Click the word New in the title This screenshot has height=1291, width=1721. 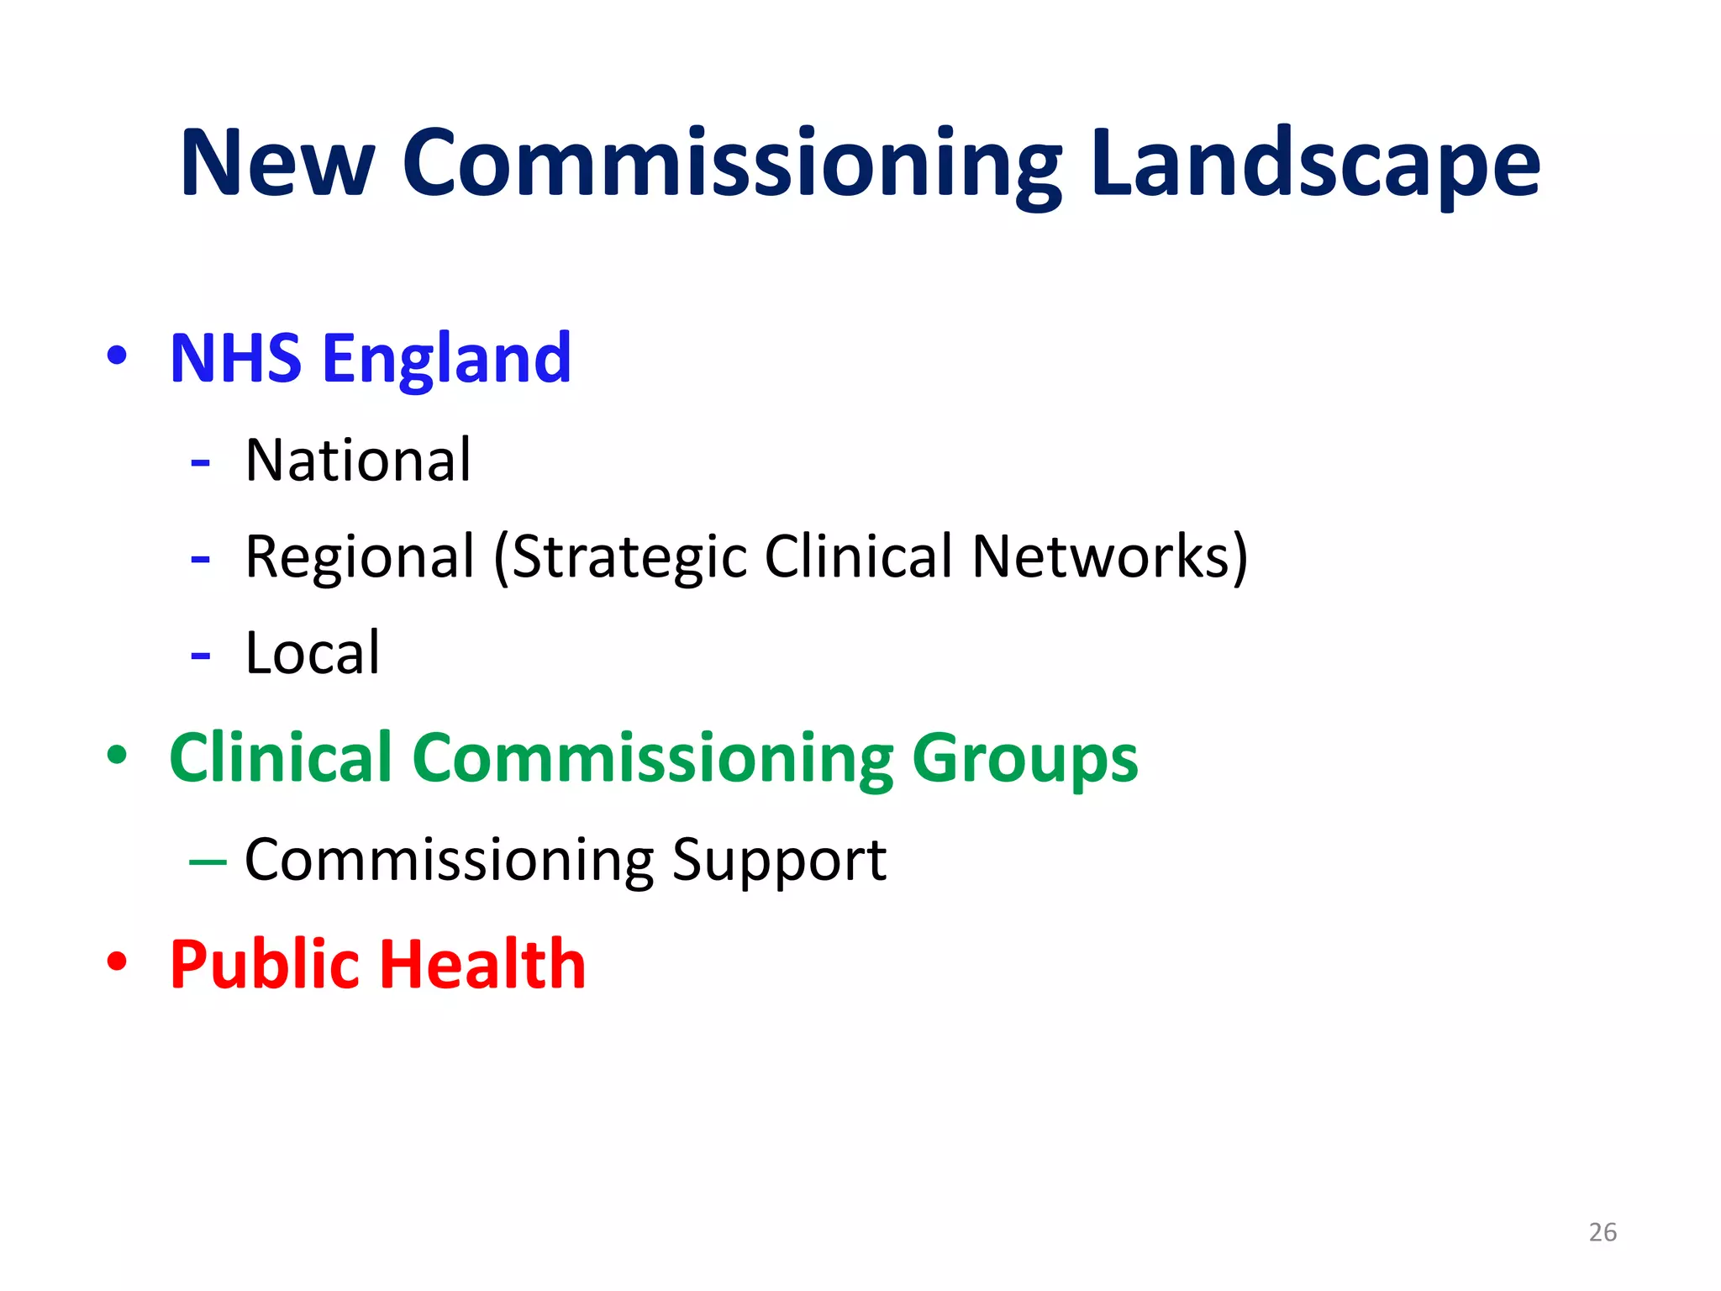[x=277, y=163]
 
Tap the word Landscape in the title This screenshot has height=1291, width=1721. [x=1316, y=163]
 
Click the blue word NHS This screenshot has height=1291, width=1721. [x=236, y=359]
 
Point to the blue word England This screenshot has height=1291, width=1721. [x=447, y=359]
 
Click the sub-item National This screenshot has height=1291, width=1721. [x=358, y=461]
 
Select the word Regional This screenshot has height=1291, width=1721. [x=360, y=557]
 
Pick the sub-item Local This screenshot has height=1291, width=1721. [x=313, y=653]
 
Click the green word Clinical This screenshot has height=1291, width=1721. [x=282, y=758]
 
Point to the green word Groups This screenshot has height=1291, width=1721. [x=1025, y=758]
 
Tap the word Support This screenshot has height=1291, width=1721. [x=779, y=860]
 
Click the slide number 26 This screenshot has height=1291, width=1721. [x=1603, y=1232]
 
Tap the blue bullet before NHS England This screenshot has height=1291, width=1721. [x=118, y=356]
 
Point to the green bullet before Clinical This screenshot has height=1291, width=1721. [x=118, y=755]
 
